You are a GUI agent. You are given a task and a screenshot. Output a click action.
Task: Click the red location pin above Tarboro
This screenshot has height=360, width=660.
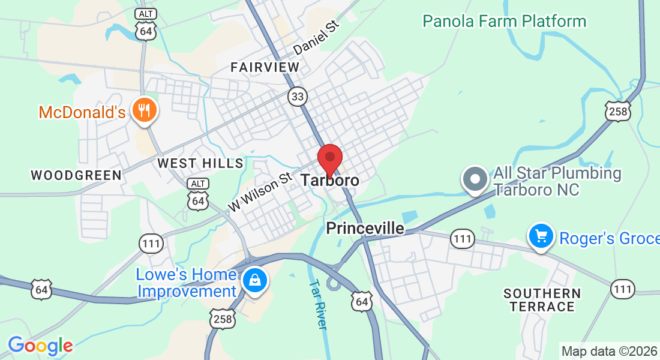[329, 158]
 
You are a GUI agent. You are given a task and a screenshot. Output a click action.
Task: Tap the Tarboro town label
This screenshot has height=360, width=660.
[330, 180]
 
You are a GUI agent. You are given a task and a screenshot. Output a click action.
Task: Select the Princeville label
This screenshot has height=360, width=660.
[365, 229]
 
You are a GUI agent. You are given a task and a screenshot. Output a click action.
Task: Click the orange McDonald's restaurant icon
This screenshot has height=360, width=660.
[144, 110]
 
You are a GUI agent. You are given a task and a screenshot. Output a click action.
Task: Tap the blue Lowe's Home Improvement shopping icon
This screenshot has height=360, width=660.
[255, 280]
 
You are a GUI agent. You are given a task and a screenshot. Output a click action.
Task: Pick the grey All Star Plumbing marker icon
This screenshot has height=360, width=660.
[475, 179]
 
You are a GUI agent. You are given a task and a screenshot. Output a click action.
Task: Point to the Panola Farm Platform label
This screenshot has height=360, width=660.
[504, 22]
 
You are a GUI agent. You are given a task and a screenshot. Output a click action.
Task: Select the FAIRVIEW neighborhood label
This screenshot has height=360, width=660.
[265, 67]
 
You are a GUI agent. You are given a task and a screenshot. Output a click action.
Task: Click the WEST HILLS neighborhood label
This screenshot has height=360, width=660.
[200, 163]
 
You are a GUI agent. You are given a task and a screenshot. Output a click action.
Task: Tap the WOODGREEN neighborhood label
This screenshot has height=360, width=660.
[76, 175]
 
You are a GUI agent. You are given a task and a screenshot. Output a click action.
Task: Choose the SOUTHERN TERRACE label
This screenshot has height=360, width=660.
[542, 300]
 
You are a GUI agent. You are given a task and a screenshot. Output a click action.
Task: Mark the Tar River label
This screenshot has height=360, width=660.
[318, 305]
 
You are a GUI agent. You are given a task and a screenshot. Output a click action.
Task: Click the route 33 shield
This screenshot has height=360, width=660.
[296, 95]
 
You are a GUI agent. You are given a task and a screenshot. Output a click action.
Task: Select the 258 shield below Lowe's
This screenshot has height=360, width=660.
[222, 319]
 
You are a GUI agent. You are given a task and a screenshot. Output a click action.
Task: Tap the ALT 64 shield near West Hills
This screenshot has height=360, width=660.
[197, 194]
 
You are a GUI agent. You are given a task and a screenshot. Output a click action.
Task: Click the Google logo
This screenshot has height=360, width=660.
[40, 346]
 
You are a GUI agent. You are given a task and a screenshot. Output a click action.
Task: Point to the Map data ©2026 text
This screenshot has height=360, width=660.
[608, 351]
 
